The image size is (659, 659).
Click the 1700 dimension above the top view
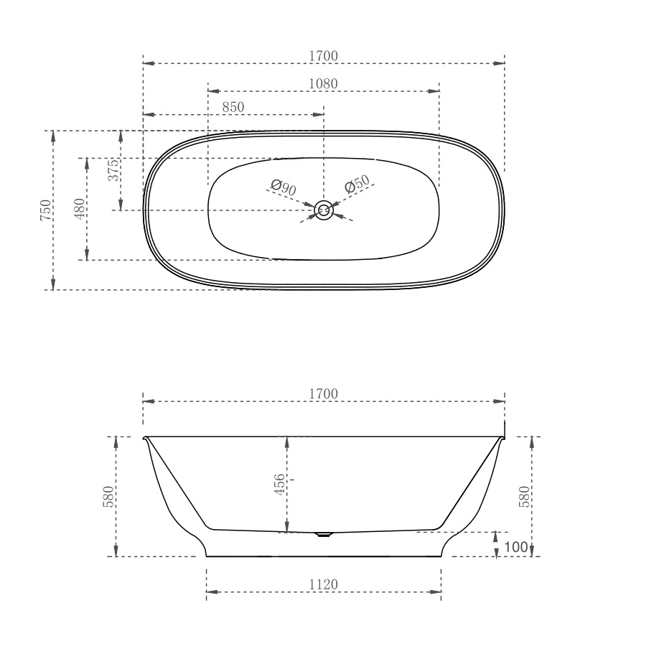[x=323, y=55]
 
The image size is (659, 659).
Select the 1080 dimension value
[x=323, y=83]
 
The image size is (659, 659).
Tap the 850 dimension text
[x=233, y=107]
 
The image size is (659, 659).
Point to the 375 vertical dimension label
[x=113, y=172]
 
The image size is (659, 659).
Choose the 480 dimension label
[x=79, y=208]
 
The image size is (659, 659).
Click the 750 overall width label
[x=45, y=210]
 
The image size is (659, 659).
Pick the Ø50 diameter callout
[x=357, y=184]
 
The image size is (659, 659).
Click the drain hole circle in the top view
[x=324, y=210]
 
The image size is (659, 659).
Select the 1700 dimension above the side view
[x=323, y=393]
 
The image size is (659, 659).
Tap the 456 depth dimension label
[x=280, y=484]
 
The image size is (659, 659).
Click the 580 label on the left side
[x=108, y=497]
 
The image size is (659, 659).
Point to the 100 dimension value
[x=515, y=547]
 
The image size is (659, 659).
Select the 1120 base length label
[x=323, y=584]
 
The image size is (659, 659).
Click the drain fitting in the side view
[x=324, y=534]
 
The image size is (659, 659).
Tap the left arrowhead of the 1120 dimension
[x=211, y=593]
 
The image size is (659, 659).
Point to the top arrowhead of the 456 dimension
[x=286, y=441]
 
